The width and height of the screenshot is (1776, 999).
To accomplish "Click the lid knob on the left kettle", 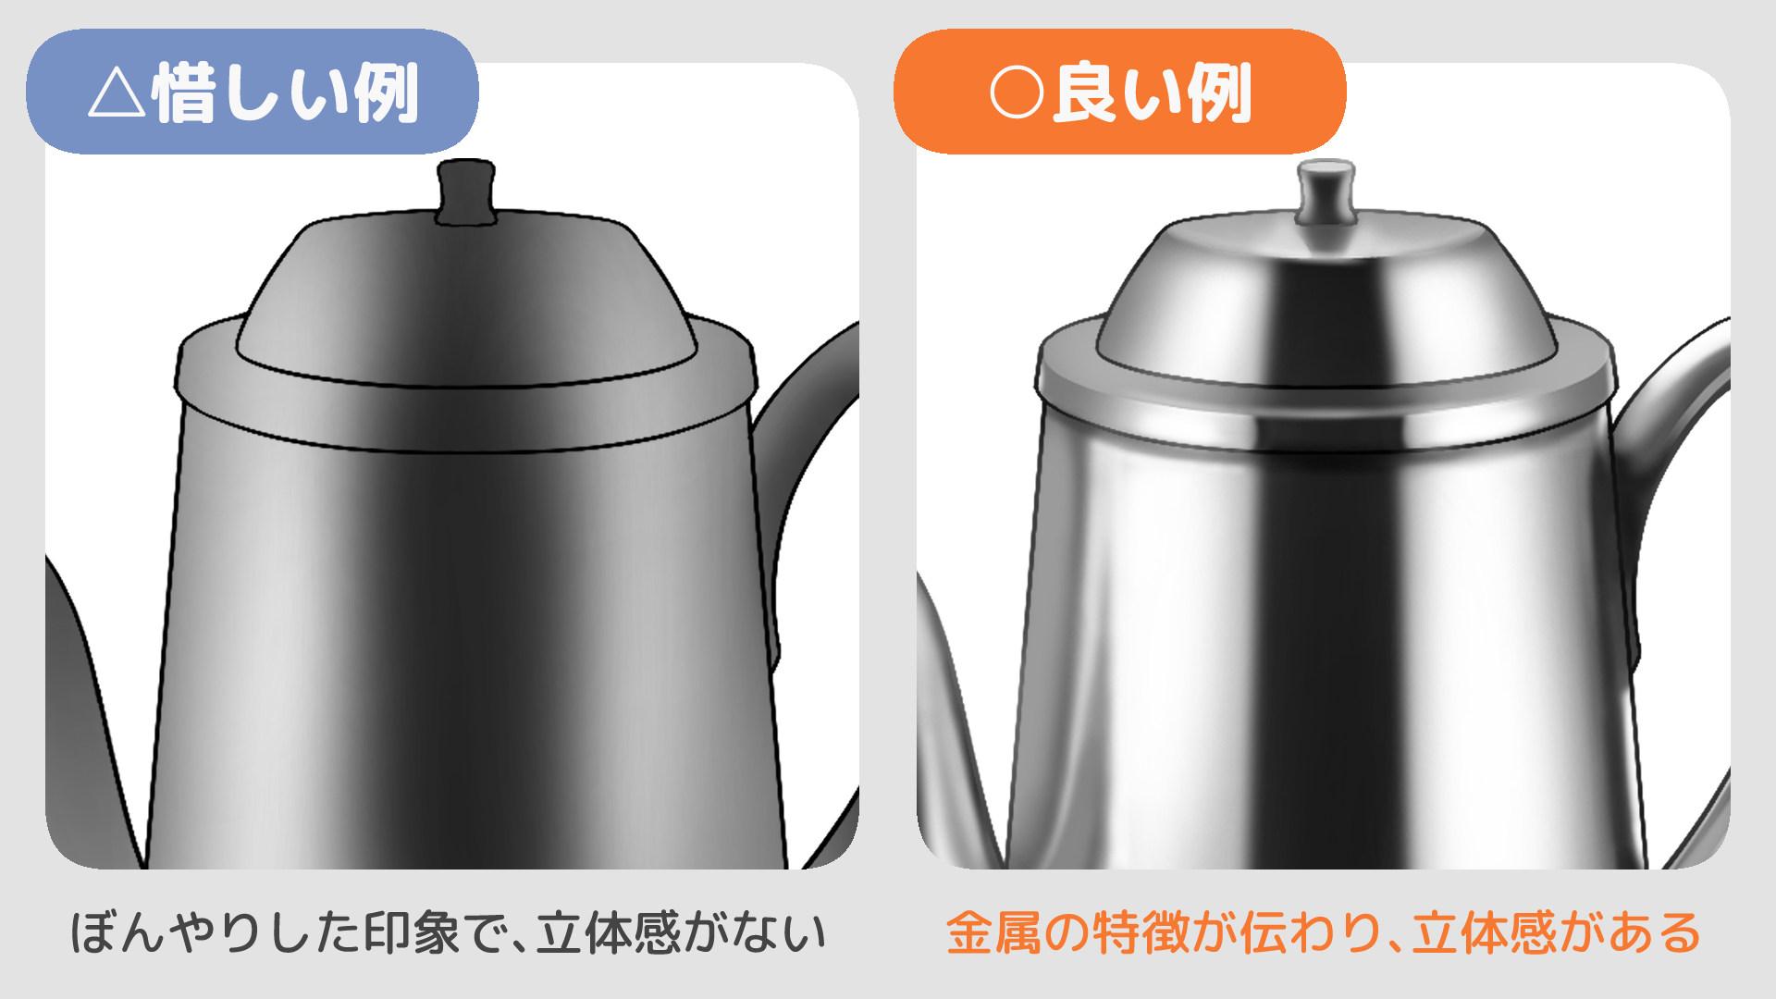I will click(464, 192).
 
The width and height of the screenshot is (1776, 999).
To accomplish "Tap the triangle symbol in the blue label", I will click(117, 95).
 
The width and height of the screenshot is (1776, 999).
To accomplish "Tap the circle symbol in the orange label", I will click(1017, 93).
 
